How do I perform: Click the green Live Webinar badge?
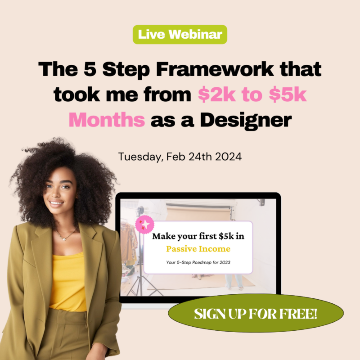(180, 35)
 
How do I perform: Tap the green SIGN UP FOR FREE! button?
(256, 314)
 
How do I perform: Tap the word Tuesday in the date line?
(139, 157)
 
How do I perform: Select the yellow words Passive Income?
(198, 249)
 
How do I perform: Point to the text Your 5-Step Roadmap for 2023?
(198, 262)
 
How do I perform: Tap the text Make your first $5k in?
(198, 236)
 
